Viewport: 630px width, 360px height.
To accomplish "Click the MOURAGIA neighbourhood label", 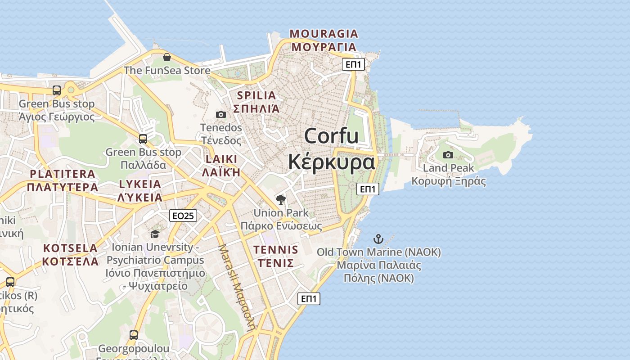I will coord(324,34).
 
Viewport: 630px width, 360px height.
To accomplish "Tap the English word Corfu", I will coord(331,136).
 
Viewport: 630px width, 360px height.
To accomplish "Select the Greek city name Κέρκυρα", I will coord(331,162).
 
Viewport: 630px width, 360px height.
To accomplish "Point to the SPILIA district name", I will coord(256,95).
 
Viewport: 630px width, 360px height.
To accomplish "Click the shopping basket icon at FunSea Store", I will coord(167,57).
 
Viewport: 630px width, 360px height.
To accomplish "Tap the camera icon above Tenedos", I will coord(220,114).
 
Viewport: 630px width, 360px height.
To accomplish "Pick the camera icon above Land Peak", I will coord(448,155).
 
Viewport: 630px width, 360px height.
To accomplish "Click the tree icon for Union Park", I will coord(281,199).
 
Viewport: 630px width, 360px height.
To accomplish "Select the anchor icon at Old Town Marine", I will coord(378,238).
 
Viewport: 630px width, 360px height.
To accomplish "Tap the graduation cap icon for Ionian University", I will coord(155,234).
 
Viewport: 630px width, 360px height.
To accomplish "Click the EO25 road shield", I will coord(183,216).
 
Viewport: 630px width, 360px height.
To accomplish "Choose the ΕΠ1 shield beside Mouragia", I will coord(353,64).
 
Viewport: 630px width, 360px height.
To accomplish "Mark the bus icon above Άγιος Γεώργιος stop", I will coord(57,90).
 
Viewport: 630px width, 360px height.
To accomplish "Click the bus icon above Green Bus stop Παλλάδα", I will coord(143,139).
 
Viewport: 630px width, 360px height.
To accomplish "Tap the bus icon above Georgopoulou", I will coord(134,335).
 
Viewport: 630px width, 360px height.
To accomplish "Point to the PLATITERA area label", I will coord(63,174).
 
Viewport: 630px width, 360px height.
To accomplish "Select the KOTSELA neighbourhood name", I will coord(70,248).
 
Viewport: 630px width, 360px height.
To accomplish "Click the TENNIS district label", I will coord(275,250).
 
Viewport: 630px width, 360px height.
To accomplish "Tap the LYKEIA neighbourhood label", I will coord(140,184).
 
